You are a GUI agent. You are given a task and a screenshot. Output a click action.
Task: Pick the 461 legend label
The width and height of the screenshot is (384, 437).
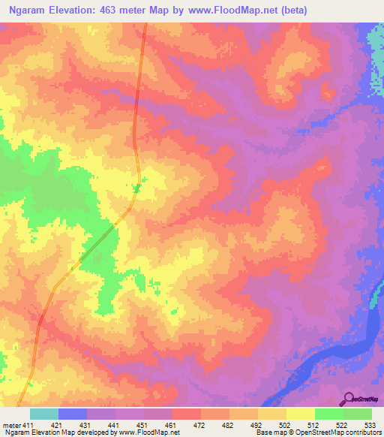click(172, 426)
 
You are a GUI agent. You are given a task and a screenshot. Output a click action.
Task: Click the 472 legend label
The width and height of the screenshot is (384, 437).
click(200, 426)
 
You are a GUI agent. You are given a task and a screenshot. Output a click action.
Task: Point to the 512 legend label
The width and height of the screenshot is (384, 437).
click(314, 426)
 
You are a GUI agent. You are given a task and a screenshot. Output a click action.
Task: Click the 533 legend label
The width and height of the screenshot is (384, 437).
click(370, 426)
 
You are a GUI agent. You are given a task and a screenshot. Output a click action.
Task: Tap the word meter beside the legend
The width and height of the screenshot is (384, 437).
click(11, 426)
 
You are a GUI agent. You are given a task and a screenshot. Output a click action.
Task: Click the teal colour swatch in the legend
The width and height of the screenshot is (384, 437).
click(43, 414)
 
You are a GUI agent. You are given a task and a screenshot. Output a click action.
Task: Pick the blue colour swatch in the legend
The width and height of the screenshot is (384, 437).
click(72, 414)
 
